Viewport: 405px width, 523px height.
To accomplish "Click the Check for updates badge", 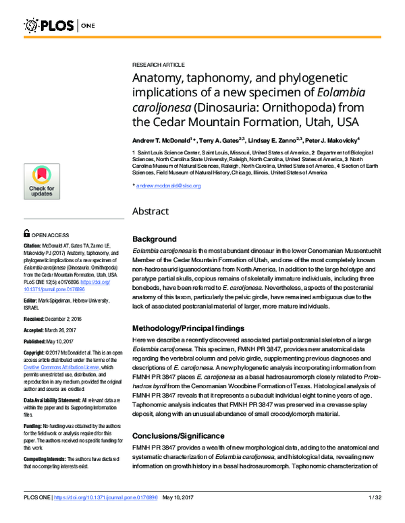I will tap(40, 181).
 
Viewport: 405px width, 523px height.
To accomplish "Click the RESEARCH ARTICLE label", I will tap(158, 63).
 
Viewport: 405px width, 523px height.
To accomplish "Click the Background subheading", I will tap(155, 239).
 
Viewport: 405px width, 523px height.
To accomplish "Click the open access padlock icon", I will tap(26, 233).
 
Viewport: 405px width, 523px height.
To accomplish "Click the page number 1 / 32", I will tap(375, 516).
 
